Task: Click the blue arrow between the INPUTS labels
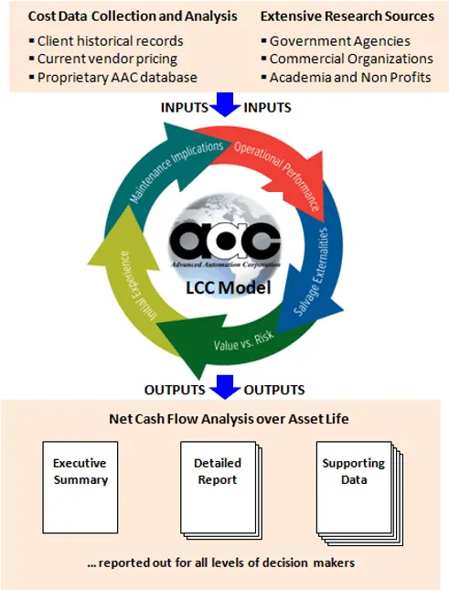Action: (225, 104)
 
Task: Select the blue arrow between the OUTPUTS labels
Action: (225, 387)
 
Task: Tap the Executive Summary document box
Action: (80, 488)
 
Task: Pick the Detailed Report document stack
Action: (221, 490)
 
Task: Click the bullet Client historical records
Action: (106, 41)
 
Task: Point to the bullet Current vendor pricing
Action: (103, 59)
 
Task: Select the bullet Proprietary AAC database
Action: (112, 78)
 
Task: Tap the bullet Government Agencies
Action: (336, 41)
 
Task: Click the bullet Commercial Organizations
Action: (347, 59)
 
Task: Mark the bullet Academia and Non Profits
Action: (346, 78)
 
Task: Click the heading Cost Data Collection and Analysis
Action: (133, 16)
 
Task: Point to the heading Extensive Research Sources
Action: (347, 16)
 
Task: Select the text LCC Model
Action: (229, 288)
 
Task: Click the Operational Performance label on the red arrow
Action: (277, 174)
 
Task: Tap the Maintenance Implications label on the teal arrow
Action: (176, 170)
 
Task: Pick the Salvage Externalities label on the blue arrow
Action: (311, 272)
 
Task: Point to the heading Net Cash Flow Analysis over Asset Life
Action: (229, 419)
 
